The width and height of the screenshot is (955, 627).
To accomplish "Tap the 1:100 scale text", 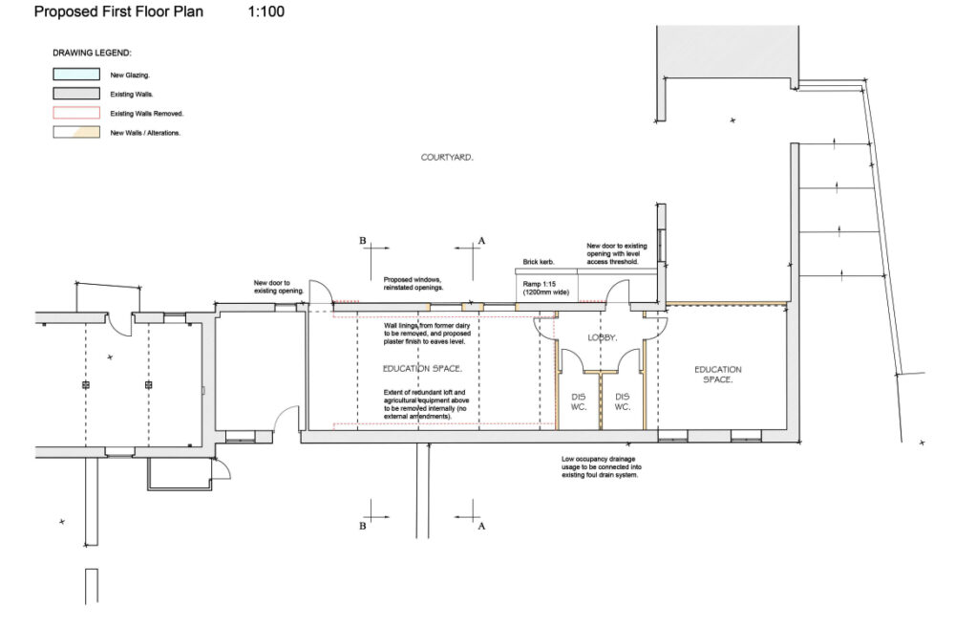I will [x=265, y=12].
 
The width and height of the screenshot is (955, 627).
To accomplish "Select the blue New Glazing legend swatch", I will [x=76, y=74].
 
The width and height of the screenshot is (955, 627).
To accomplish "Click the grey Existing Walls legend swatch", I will [x=76, y=94].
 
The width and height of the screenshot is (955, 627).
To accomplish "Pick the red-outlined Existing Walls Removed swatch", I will [x=76, y=113].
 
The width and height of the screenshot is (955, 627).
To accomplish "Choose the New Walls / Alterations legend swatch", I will [x=76, y=132].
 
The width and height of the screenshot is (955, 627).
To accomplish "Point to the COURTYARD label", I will [x=447, y=157].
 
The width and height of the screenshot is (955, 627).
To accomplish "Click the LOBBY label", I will [x=602, y=337].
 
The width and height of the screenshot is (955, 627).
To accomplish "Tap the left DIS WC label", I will [x=578, y=401].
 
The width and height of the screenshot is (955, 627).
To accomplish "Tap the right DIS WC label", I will [x=623, y=401].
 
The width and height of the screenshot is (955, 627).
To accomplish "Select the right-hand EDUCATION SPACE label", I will [x=718, y=375].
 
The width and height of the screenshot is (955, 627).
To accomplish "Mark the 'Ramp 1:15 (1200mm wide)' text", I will [x=545, y=289].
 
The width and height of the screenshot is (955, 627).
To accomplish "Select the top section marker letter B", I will [x=363, y=241].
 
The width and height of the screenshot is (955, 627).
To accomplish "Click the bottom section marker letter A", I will [x=481, y=526].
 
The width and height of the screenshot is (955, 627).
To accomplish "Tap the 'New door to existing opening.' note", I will [x=278, y=286].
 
